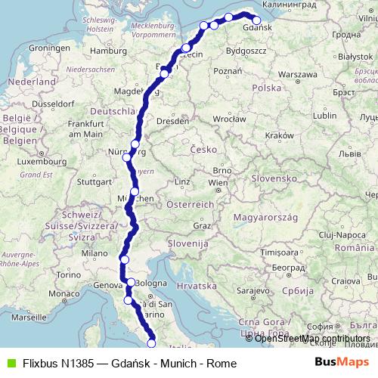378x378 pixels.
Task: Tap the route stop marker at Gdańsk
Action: click(256, 21)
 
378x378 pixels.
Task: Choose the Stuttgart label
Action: click(94, 181)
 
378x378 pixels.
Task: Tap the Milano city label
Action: click(95, 253)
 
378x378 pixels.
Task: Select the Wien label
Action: click(218, 183)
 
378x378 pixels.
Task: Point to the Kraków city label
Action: click(280, 135)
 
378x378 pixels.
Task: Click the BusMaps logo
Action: click(341, 363)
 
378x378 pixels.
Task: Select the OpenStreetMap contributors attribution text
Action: click(312, 339)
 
